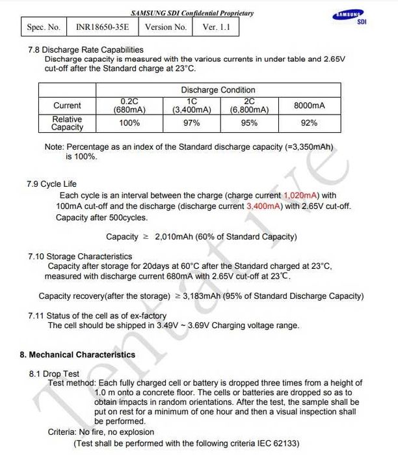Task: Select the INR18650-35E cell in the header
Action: [x=101, y=27]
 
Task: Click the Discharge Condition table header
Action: [x=218, y=90]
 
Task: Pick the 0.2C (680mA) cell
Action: [x=129, y=105]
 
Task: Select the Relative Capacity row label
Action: [x=67, y=123]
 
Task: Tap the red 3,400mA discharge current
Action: [x=264, y=206]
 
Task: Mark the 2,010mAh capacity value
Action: [x=176, y=237]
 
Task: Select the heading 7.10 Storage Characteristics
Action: [x=80, y=256]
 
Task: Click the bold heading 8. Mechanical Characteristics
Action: [x=77, y=355]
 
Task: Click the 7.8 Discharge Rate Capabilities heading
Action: [x=85, y=49]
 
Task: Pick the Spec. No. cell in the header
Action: [x=44, y=27]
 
